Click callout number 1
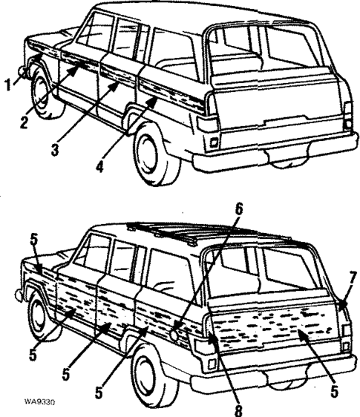coord(7,85)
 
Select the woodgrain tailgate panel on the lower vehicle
coord(275,326)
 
